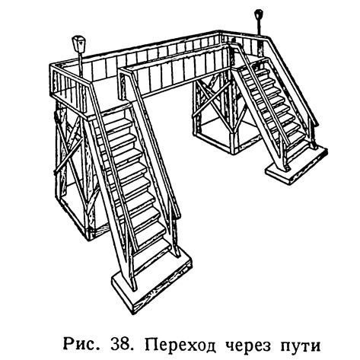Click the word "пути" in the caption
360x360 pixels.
pyautogui.click(x=301, y=345)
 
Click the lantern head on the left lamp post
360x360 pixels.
pyautogui.click(x=78, y=44)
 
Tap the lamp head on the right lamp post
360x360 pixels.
pyautogui.click(x=259, y=14)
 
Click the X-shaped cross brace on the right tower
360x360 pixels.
pyautogui.click(x=212, y=101)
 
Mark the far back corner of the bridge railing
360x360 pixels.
pyautogui.click(x=220, y=31)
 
